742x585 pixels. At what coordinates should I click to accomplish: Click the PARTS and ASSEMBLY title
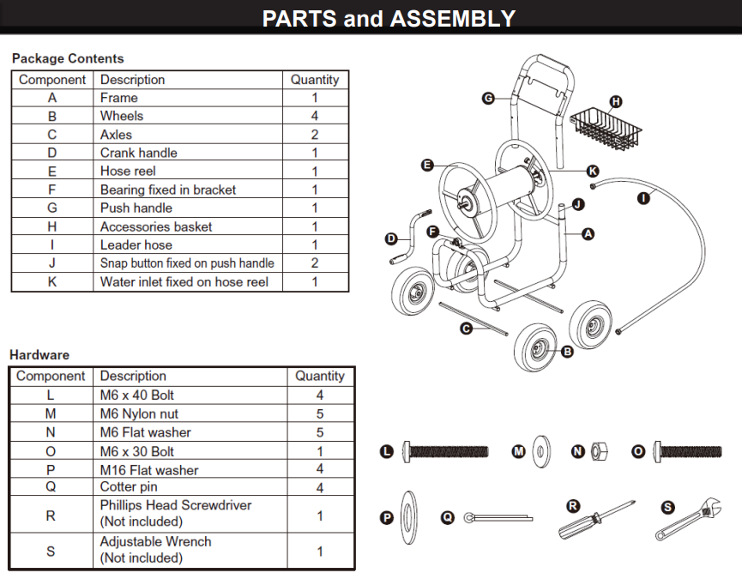[389, 18]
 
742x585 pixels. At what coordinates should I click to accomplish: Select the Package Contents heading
[68, 58]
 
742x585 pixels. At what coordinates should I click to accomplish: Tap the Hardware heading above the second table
[39, 354]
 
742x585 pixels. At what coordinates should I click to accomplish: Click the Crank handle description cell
[139, 153]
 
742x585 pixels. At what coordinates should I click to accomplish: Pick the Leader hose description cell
[136, 244]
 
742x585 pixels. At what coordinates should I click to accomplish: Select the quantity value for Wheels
[315, 116]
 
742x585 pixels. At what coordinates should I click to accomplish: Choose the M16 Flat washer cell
[149, 470]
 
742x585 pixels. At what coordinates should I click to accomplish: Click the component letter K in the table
[51, 281]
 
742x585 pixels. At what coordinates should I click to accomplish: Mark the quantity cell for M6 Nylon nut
[319, 413]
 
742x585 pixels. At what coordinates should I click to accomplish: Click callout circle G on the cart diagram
[488, 100]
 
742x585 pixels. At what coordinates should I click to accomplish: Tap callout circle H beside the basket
[616, 100]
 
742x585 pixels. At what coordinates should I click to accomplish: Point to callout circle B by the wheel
[567, 351]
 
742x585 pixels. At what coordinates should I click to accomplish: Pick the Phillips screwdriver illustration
[595, 520]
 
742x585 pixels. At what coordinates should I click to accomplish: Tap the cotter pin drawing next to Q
[498, 517]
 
